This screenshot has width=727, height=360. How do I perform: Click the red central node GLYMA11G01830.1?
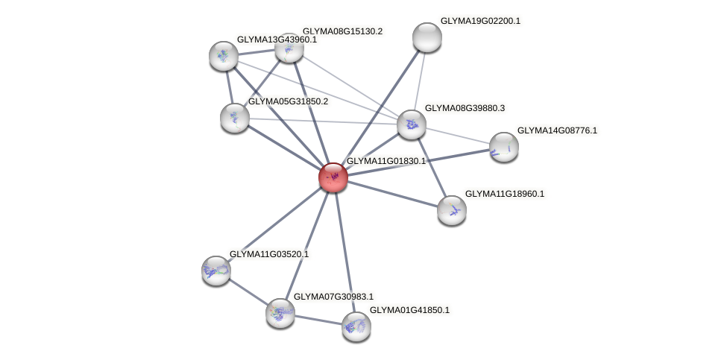(333, 177)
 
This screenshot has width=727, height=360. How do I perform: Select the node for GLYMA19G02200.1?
(427, 37)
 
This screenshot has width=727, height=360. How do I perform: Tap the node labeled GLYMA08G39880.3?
(412, 124)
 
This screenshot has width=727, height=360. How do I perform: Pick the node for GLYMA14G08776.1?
(504, 146)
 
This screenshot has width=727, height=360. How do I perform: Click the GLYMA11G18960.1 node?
(452, 209)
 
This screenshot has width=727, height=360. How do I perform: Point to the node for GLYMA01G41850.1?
(356, 326)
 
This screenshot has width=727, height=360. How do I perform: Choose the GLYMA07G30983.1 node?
(280, 312)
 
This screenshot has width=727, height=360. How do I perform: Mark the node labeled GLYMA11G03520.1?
(216, 270)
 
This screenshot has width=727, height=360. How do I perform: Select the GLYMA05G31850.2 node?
(235, 117)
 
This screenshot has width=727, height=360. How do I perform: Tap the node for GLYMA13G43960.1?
(224, 55)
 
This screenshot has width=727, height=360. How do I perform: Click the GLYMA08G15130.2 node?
(289, 48)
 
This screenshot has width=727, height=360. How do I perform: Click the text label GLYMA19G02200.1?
(480, 21)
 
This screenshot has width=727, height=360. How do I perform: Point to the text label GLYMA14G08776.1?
(557, 130)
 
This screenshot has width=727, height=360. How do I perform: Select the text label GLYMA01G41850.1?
(409, 310)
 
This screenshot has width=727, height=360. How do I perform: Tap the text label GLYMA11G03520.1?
(268, 254)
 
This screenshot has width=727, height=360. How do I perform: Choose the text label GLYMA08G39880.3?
(465, 108)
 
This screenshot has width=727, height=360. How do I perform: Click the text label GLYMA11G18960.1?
(505, 194)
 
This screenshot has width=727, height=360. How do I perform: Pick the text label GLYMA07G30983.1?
(333, 297)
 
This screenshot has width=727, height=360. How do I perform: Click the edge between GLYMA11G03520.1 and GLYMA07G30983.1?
(248, 291)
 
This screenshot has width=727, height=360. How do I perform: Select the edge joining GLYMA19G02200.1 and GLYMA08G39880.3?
(420, 80)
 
